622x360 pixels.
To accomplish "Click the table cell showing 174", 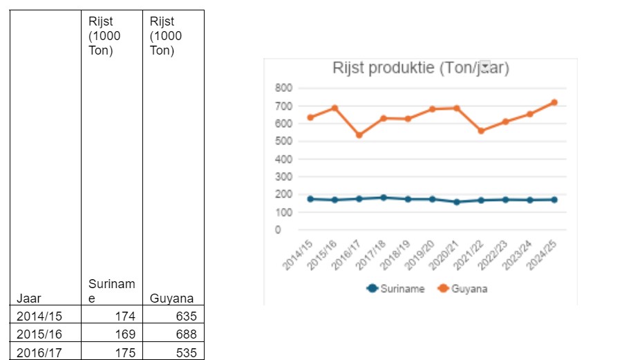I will click(125, 316).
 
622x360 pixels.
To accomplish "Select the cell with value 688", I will click(186, 334).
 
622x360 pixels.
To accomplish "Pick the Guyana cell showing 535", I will click(186, 352).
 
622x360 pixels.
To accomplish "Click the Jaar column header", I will click(30, 299).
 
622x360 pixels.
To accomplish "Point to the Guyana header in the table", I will click(171, 299).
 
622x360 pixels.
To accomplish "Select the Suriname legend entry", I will click(396, 289).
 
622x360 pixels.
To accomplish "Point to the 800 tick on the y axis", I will click(283, 88).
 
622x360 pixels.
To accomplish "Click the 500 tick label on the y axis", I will click(283, 141).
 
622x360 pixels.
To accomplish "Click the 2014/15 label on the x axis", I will click(298, 252).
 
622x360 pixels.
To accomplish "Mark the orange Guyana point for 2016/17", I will click(359, 135).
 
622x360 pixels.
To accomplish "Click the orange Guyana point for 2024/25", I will click(554, 102).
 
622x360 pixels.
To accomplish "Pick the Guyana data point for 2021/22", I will click(481, 131).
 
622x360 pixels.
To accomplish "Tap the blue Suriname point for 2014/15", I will click(310, 199).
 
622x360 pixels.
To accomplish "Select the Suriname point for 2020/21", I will click(456, 202).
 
